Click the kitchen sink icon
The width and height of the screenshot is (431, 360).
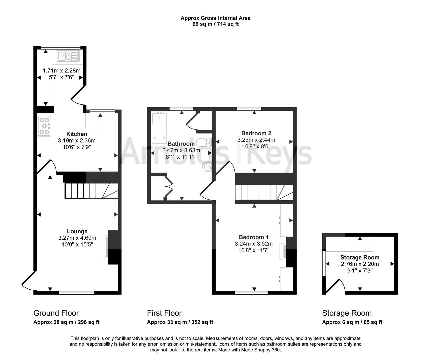pyautogui.click(x=67, y=56)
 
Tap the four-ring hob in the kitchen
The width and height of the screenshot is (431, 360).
pyautogui.click(x=44, y=126)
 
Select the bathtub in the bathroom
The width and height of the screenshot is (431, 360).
pyautogui.click(x=159, y=127)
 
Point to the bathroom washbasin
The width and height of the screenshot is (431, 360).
pyautogui.click(x=207, y=166)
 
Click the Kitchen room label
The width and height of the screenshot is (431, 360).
pyautogui.click(x=77, y=134)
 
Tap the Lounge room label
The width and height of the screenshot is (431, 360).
pyautogui.click(x=77, y=231)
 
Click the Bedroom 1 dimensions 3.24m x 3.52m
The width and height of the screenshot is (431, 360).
pyautogui.click(x=254, y=244)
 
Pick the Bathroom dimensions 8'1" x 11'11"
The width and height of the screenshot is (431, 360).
pyautogui.click(x=181, y=157)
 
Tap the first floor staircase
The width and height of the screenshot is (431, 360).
pyautogui.click(x=264, y=193)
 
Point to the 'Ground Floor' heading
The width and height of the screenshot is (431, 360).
pyautogui.click(x=56, y=313)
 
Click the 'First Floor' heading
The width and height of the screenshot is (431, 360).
pyautogui.click(x=164, y=313)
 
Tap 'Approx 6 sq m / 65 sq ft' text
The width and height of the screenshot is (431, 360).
pyautogui.click(x=352, y=322)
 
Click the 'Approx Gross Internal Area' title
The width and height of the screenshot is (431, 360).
pyautogui.click(x=215, y=18)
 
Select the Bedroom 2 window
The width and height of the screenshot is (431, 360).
pyautogui.click(x=249, y=109)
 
